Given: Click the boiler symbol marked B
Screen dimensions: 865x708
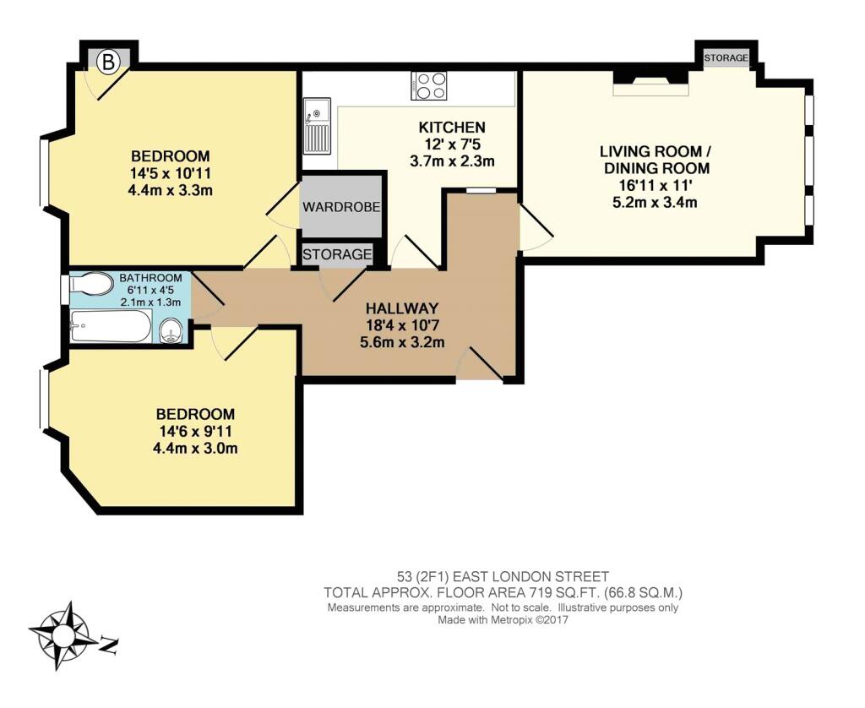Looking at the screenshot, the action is pyautogui.click(x=109, y=62).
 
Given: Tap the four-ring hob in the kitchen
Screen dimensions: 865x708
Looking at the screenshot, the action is pyautogui.click(x=428, y=86).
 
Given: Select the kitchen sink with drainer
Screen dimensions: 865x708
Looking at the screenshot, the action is pyautogui.click(x=317, y=127).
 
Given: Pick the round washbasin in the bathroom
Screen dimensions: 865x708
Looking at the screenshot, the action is pyautogui.click(x=171, y=333).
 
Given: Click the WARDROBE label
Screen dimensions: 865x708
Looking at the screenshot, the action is pyautogui.click(x=341, y=207).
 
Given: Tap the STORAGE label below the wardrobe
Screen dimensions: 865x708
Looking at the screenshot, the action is pyautogui.click(x=337, y=254).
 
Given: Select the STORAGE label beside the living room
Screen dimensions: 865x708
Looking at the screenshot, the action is pyautogui.click(x=726, y=57).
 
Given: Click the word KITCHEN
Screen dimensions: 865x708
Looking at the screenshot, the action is pyautogui.click(x=453, y=128).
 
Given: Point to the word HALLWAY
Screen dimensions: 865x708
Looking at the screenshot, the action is pyautogui.click(x=402, y=308).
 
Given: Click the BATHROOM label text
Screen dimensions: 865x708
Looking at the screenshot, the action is pyautogui.click(x=150, y=278).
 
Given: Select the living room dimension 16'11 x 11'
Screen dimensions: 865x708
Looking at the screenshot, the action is pyautogui.click(x=655, y=185).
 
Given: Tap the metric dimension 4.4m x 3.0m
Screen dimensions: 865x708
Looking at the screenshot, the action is pyautogui.click(x=195, y=448).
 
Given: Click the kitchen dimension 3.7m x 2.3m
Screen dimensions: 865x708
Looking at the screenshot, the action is pyautogui.click(x=453, y=161).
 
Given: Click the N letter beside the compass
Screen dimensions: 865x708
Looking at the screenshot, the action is pyautogui.click(x=109, y=645).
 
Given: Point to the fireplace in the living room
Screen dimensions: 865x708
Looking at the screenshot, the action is pyautogui.click(x=651, y=83).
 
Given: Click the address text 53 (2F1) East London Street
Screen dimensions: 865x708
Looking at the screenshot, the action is pyautogui.click(x=503, y=577).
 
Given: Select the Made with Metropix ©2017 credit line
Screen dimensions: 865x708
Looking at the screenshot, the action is pyautogui.click(x=503, y=619).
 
